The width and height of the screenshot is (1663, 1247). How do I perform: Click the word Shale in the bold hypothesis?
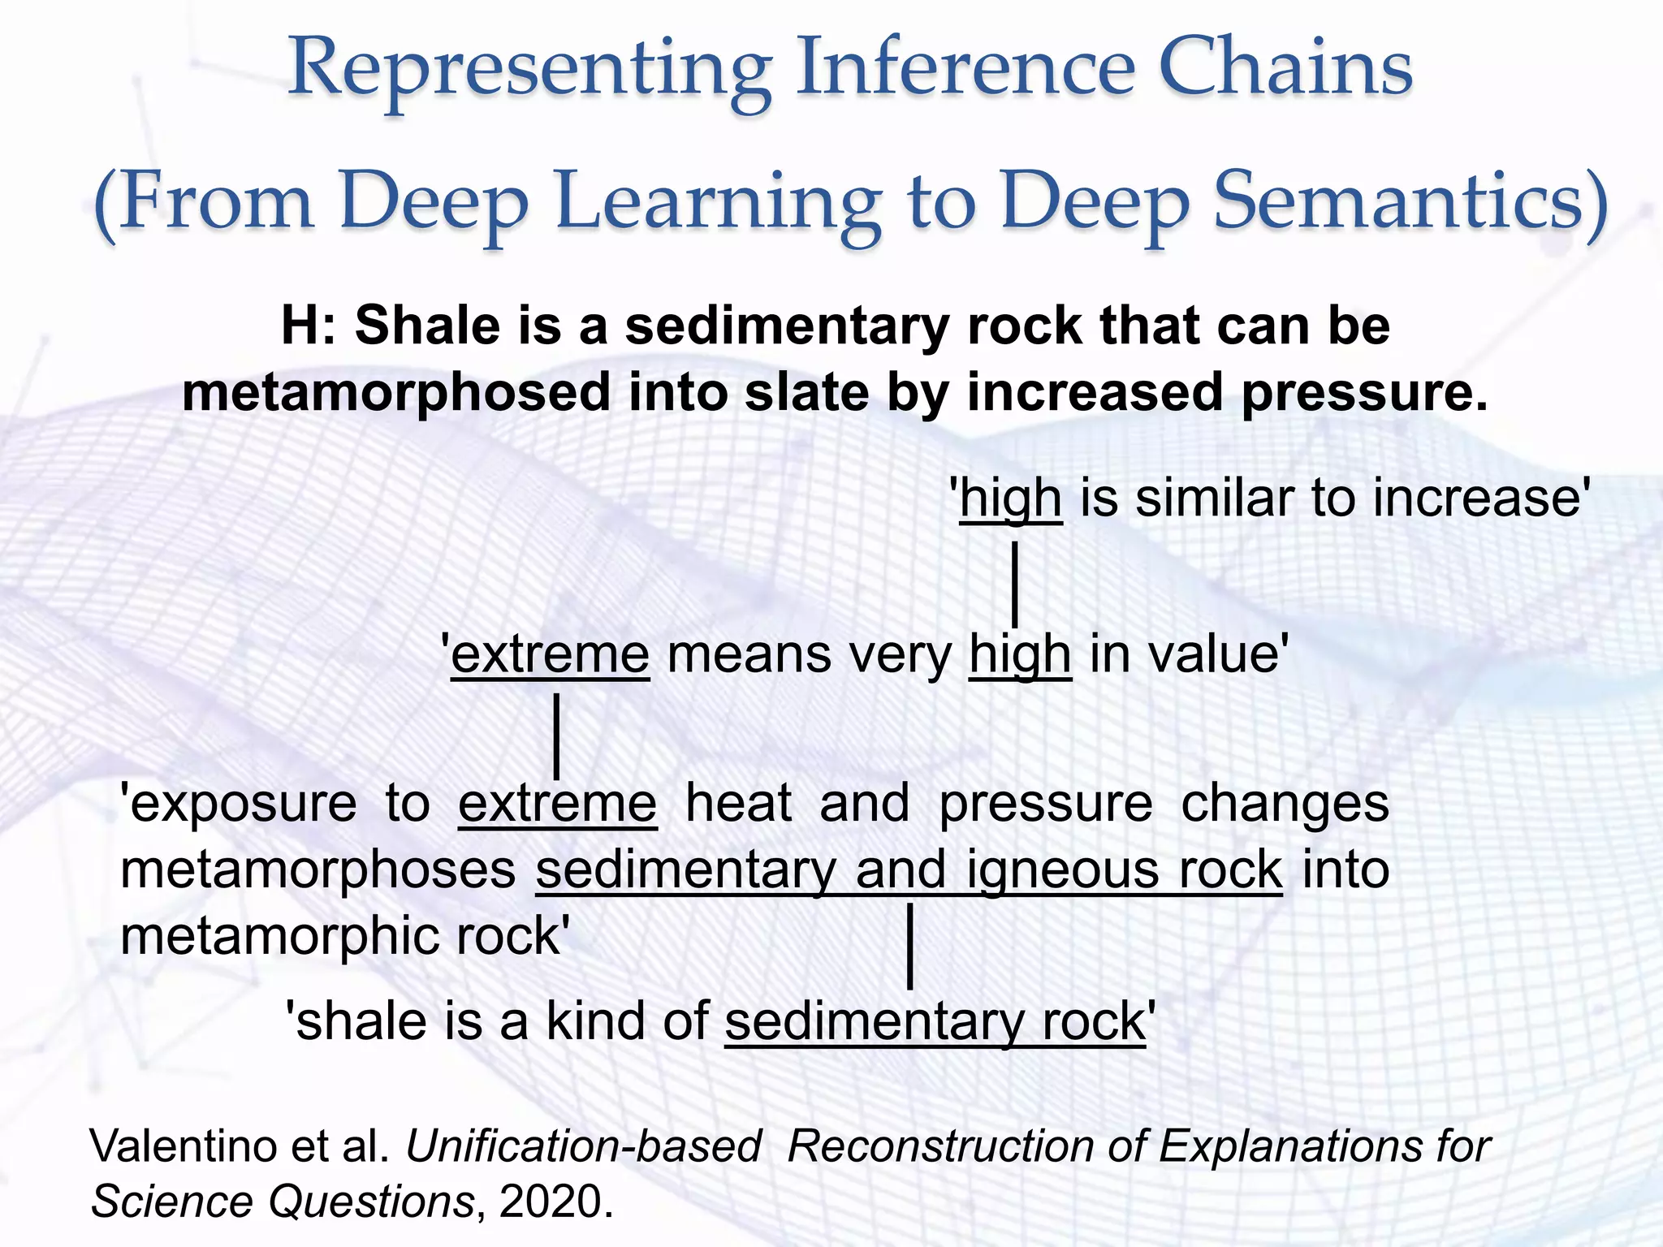[x=427, y=326]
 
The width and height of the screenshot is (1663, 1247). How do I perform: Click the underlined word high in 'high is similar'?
[x=1010, y=499]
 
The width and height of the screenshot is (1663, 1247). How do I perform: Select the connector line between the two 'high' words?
[x=1015, y=585]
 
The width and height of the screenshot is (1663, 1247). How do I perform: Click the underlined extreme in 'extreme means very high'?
[x=551, y=654]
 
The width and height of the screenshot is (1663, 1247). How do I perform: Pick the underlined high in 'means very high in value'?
[x=1020, y=655]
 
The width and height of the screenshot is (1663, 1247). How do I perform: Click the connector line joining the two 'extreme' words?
[x=556, y=736]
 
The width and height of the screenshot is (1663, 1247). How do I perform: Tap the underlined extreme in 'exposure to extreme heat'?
[x=557, y=804]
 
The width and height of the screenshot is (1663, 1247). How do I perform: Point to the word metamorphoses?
[x=318, y=870]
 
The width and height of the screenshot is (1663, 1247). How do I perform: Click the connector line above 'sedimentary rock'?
[x=910, y=947]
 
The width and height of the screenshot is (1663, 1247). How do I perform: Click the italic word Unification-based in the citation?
[x=583, y=1147]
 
